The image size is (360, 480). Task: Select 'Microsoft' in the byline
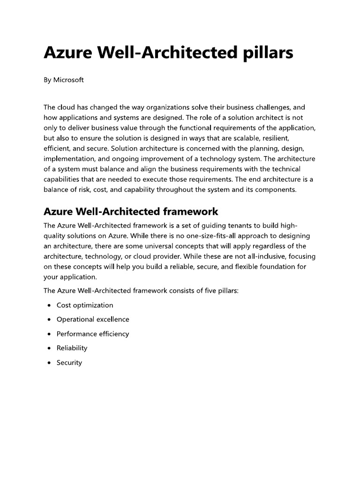pyautogui.click(x=68, y=80)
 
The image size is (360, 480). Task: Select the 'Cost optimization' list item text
pyautogui.click(x=85, y=305)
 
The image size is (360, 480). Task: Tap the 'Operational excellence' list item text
pyautogui.click(x=93, y=319)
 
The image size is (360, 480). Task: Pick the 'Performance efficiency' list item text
pyautogui.click(x=93, y=334)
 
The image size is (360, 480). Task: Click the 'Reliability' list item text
pyautogui.click(x=72, y=348)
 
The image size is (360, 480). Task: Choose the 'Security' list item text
pyautogui.click(x=69, y=362)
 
